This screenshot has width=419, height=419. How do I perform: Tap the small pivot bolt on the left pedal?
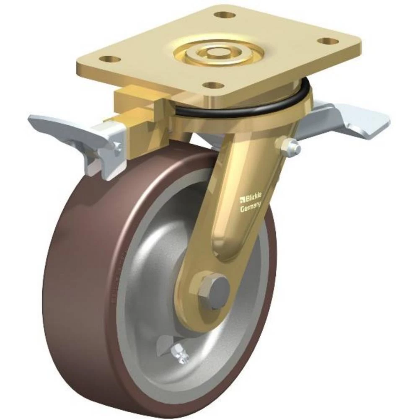coord(119,146)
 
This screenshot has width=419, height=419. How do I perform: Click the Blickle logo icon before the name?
coord(242,199)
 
